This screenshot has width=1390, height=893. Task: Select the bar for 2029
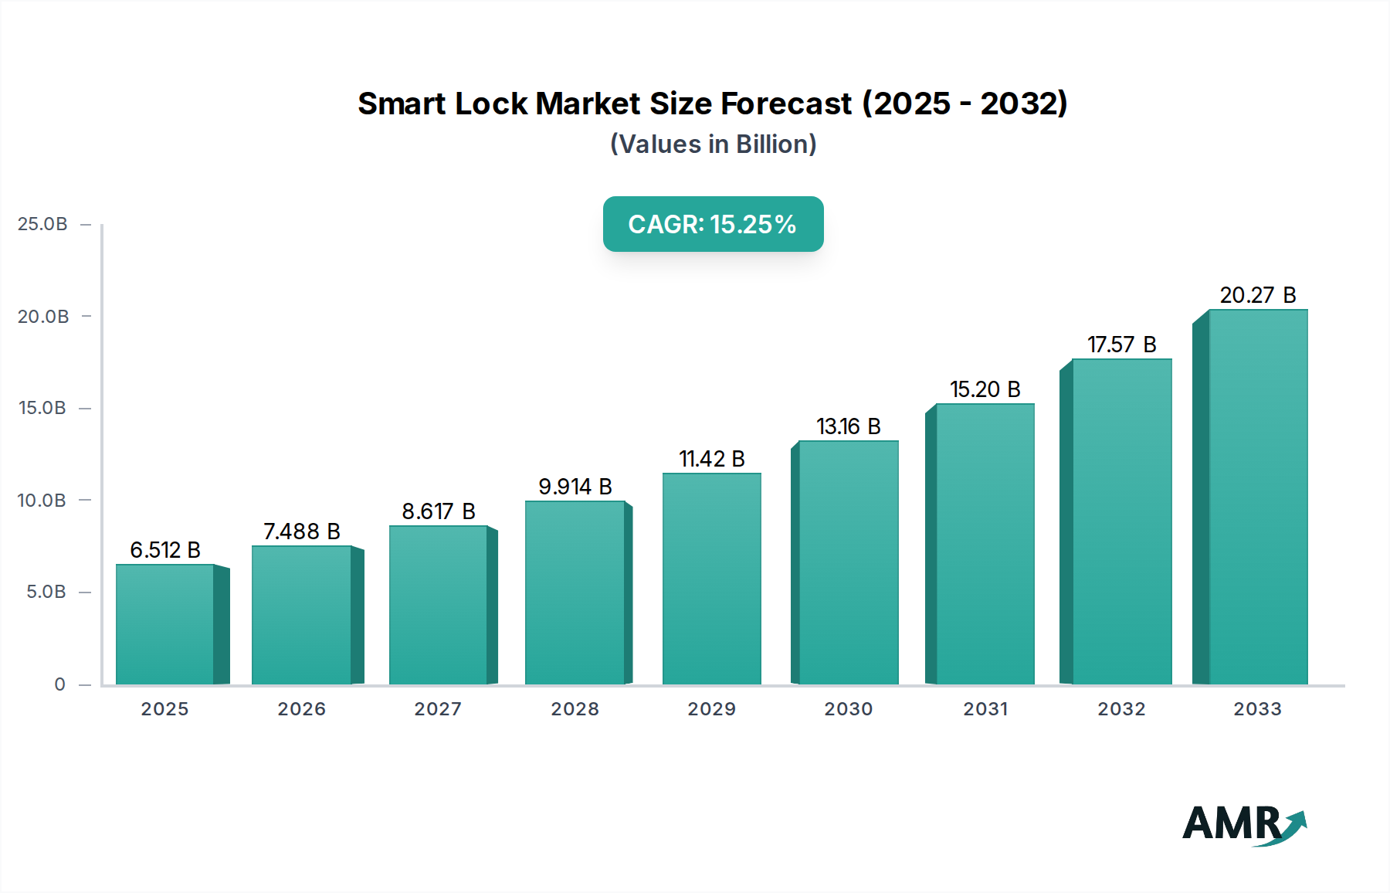pos(711,579)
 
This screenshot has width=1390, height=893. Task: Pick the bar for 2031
pos(985,544)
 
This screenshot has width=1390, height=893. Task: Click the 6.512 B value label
pos(165,550)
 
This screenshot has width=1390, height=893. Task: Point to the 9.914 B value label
pos(575,487)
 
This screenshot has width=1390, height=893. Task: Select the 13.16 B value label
pos(849,426)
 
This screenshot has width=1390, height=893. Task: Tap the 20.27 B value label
pos(1258,295)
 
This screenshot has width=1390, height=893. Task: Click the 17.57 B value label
pos(1122,345)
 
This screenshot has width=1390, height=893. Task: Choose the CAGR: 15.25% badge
pos(713,224)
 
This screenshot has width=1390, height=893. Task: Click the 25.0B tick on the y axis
pos(42,224)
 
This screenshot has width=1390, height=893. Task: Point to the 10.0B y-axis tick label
pos(42,501)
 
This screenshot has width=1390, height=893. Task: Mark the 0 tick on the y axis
pos(59,684)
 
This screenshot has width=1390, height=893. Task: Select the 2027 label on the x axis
pos(438,709)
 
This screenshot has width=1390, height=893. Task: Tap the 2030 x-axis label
pos(849,709)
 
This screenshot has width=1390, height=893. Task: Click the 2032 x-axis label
pos(1122,709)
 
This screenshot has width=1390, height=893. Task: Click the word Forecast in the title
pos(785,104)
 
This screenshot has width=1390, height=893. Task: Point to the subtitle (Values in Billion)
pos(713,144)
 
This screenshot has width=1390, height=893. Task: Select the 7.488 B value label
pos(302,531)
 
